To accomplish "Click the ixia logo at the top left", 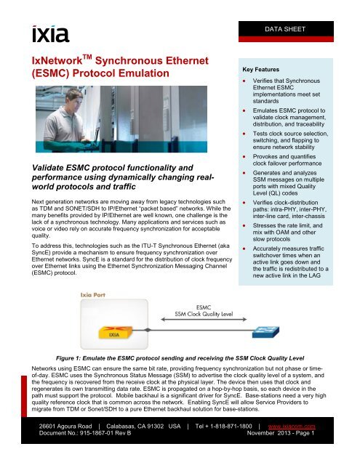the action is click(49, 33).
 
